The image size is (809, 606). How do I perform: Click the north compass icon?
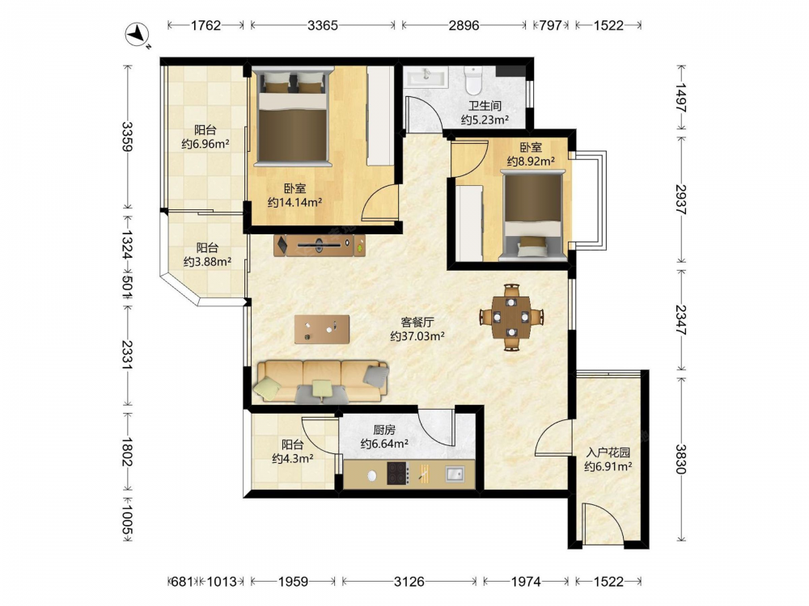(137, 35)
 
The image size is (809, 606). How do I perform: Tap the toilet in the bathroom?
(472, 80)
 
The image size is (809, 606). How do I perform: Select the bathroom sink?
(426, 78)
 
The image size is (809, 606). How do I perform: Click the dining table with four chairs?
(511, 317)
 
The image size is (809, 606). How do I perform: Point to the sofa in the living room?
(321, 381)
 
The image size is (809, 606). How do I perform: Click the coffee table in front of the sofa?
(322, 330)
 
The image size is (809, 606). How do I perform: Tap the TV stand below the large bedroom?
(320, 246)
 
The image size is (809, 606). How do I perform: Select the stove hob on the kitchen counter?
(397, 473)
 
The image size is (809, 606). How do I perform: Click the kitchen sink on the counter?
(455, 473)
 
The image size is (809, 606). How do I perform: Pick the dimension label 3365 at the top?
(323, 25)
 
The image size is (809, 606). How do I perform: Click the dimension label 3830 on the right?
(681, 459)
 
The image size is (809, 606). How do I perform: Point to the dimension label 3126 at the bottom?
(409, 582)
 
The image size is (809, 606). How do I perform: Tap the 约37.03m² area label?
(417, 336)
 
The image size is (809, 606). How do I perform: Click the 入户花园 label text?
(608, 453)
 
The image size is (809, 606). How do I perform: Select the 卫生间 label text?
(485, 106)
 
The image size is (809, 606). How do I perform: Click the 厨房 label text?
(384, 430)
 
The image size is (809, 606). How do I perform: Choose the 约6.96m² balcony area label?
(205, 144)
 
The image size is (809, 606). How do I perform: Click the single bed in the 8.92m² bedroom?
(532, 216)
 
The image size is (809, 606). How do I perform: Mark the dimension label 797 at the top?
(550, 25)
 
